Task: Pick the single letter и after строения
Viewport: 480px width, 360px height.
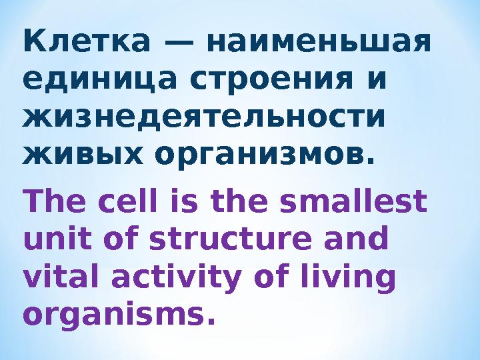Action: point(377,83)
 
